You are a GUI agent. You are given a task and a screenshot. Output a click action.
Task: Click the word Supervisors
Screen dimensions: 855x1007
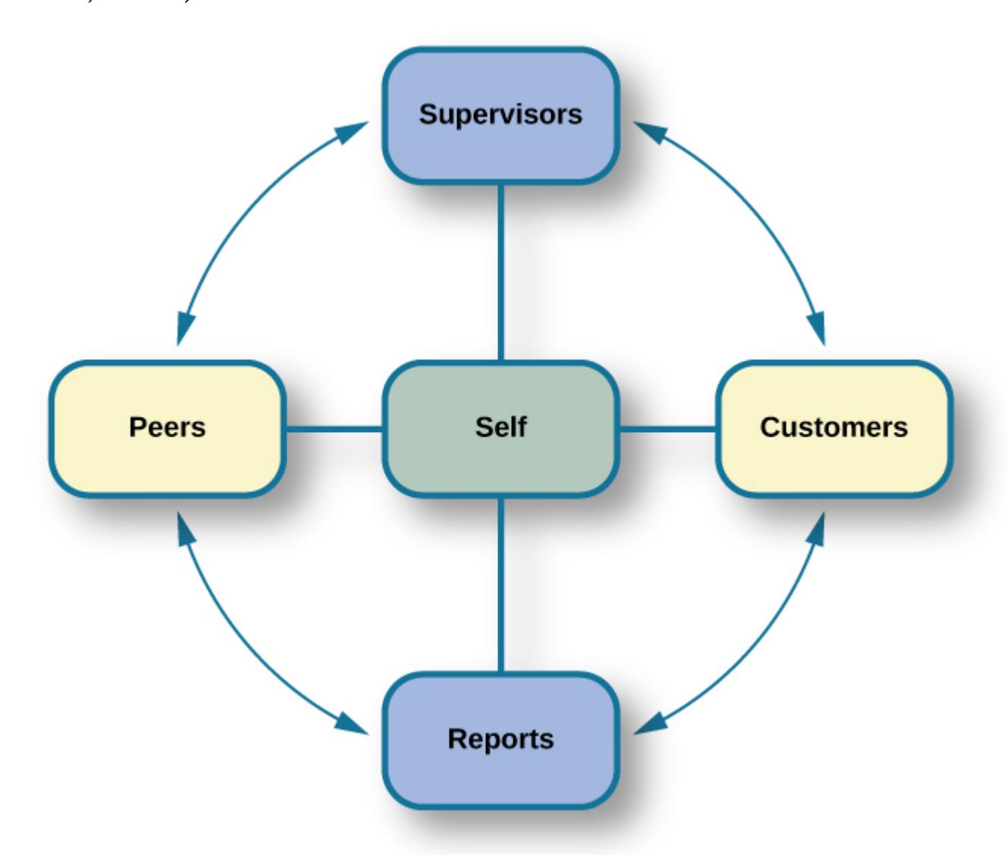coord(500,114)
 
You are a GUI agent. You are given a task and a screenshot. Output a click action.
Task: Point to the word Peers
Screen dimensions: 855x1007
coord(167,427)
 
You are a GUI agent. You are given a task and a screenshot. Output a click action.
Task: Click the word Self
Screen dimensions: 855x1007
coord(500,427)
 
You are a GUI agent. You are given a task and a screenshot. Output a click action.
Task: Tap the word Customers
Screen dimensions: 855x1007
coord(833,427)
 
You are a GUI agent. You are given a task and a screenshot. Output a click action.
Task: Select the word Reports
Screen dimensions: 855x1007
coord(500,739)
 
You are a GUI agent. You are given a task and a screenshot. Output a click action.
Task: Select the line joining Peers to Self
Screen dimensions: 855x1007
coord(334,430)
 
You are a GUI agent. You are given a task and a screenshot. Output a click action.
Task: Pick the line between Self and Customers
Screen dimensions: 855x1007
coord(668,430)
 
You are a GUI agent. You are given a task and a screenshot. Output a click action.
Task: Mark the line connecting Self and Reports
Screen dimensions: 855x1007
coord(500,584)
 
